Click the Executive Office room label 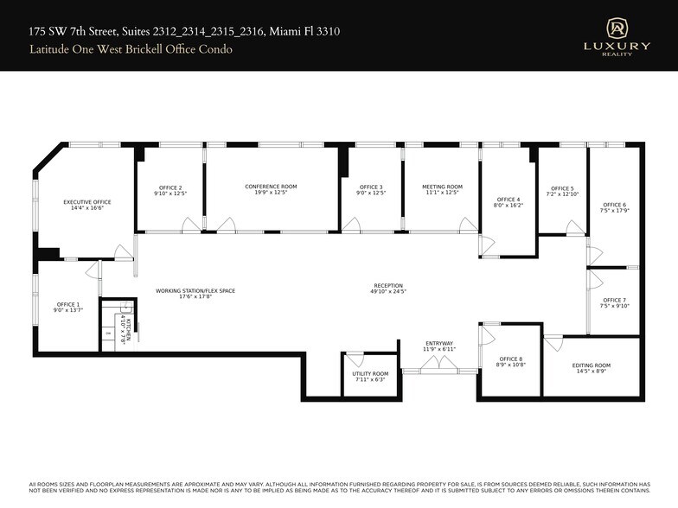tap(87, 202)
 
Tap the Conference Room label tap(271, 187)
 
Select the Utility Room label tap(371, 374)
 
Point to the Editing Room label tap(592, 365)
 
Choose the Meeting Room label tap(442, 187)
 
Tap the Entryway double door tap(439, 365)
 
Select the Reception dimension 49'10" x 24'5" tap(388, 292)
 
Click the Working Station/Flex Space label tap(195, 291)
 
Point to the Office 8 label tap(511, 359)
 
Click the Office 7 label tap(613, 300)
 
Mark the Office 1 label tap(68, 304)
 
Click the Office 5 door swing tap(574, 228)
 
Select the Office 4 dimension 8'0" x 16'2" tap(508, 206)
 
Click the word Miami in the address tap(284, 31)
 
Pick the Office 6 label tap(615, 204)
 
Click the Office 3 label tap(371, 187)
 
